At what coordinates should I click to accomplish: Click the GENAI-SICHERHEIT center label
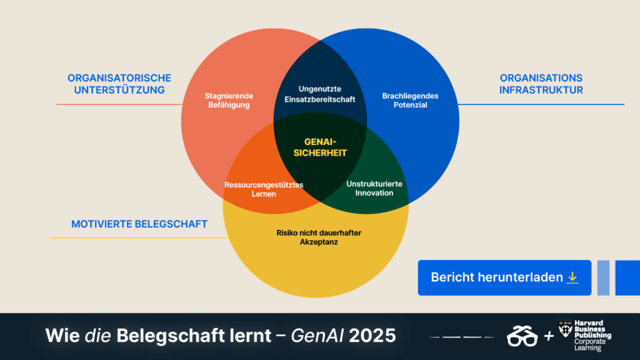tap(320, 147)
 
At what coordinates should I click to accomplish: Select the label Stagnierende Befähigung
tap(229, 101)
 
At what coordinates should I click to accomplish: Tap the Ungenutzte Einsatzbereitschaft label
tap(319, 94)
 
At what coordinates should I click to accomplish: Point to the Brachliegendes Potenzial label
tap(410, 101)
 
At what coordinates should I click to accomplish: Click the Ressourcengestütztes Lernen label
tap(264, 189)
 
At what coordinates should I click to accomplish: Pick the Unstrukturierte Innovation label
tap(374, 189)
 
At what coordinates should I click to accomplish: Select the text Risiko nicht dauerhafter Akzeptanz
tap(319, 237)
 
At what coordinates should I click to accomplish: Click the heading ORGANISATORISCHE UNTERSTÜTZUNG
tap(119, 84)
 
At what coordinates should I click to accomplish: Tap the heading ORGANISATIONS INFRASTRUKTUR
tap(541, 84)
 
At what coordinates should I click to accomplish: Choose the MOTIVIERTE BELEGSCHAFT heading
tap(139, 224)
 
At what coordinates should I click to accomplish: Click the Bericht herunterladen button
tap(504, 277)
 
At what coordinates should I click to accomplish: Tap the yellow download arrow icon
tap(572, 277)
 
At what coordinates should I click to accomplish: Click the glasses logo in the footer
tap(522, 336)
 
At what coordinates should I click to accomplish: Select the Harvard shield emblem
tap(565, 329)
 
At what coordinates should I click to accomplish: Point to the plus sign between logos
tap(549, 336)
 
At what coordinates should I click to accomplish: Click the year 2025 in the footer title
tap(372, 336)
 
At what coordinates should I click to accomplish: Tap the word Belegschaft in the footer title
tap(194, 336)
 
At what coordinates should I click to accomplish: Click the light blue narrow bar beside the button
tap(603, 277)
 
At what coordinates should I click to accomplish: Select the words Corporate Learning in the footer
tap(590, 345)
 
